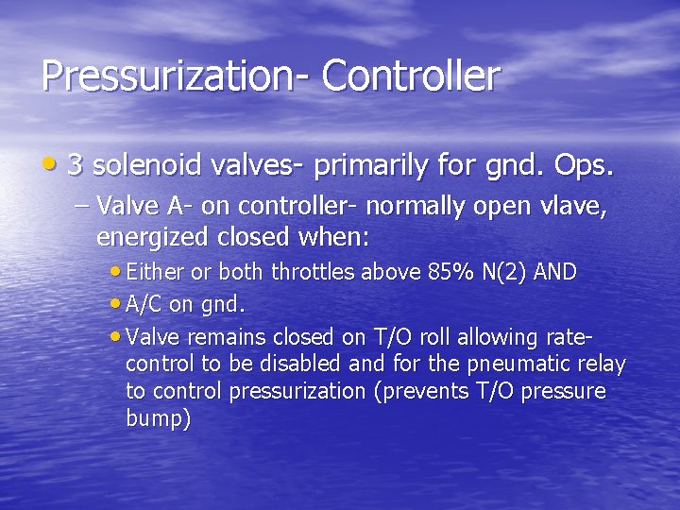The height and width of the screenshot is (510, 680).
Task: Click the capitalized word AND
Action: [556, 272]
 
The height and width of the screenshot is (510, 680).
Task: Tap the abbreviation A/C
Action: [143, 304]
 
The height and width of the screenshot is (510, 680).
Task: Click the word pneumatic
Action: [519, 364]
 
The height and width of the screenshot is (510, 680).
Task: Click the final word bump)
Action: [158, 418]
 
